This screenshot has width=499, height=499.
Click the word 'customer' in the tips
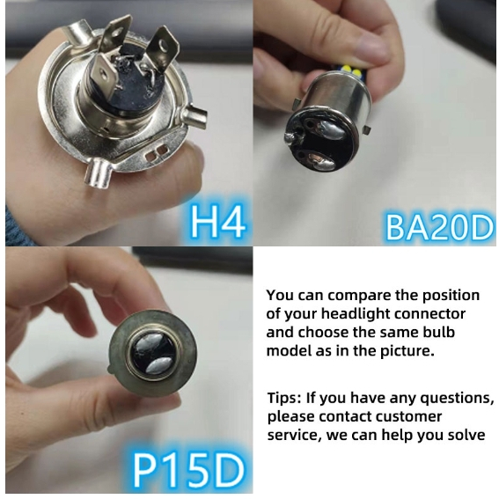coord(411,416)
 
